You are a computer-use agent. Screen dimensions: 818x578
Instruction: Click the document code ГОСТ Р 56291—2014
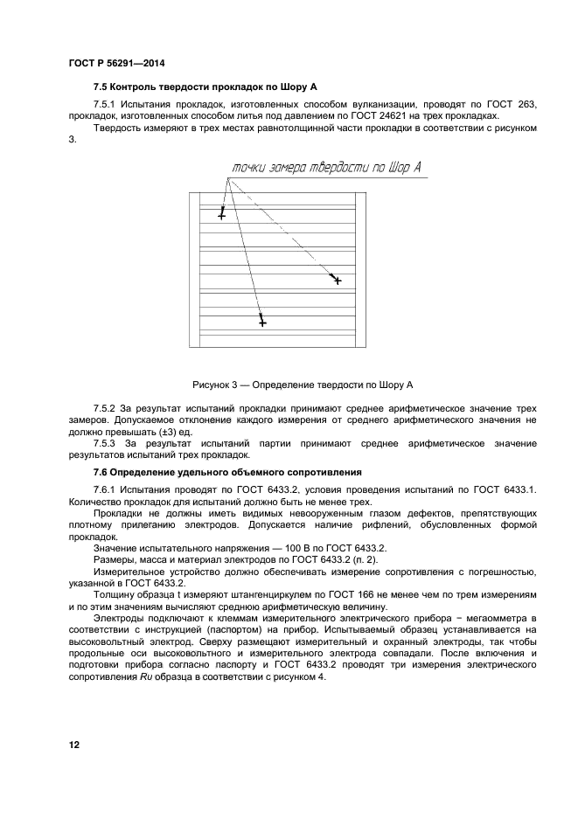click(116, 64)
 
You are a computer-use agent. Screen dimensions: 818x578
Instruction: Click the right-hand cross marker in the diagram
click(337, 281)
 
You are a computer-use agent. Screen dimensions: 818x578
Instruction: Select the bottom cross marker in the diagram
click(262, 322)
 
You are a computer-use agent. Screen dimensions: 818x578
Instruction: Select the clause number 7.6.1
click(107, 489)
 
